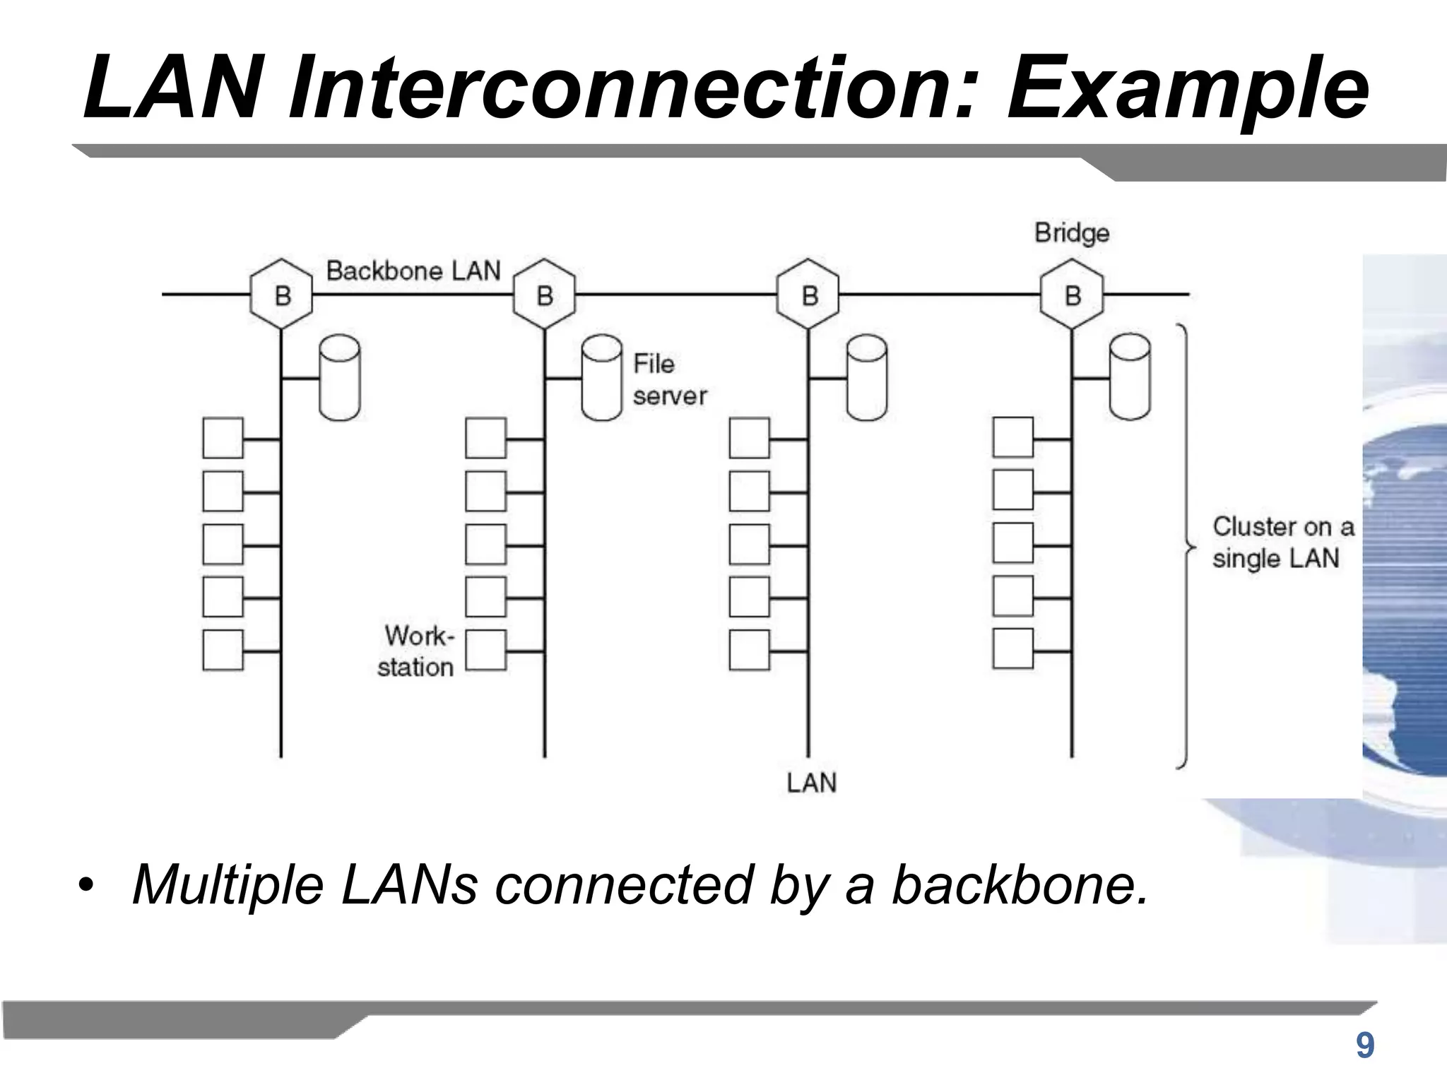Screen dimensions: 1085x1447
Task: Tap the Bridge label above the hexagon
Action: [1072, 232]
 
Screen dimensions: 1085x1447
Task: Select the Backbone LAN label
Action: [413, 271]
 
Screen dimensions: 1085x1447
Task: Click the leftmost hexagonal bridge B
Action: [282, 295]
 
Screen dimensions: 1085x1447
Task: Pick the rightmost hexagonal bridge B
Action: [1072, 295]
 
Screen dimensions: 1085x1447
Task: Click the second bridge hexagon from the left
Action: [545, 295]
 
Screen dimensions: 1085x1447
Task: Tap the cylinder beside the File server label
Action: [601, 379]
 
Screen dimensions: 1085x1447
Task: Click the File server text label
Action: [668, 380]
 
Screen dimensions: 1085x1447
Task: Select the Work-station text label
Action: [417, 651]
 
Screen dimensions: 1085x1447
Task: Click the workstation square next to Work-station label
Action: [486, 650]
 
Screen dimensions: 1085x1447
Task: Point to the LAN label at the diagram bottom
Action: [811, 783]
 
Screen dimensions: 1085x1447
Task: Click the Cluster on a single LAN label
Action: [1282, 542]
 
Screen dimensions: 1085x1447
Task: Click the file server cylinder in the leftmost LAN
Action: [340, 379]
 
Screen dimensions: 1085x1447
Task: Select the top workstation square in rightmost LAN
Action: [1012, 438]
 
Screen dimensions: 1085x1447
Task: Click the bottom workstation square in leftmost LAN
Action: [223, 650]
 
